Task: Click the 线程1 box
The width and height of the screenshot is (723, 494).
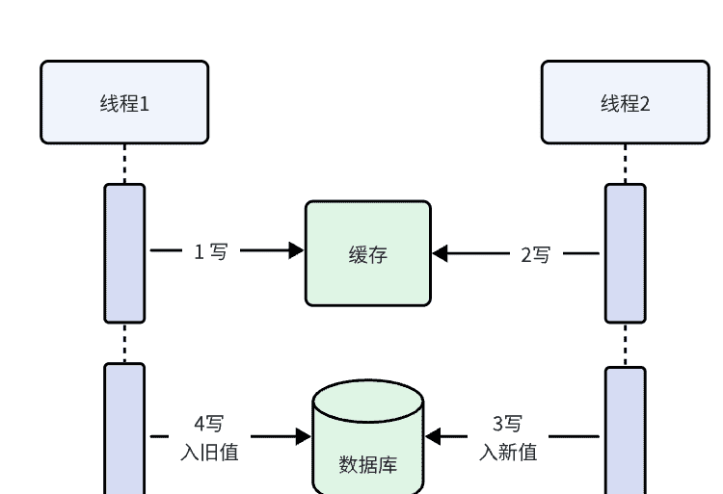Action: (x=124, y=102)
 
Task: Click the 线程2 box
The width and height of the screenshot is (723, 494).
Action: (x=625, y=102)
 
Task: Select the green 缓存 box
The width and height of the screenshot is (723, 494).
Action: (x=368, y=253)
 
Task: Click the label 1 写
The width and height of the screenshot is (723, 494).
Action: (x=211, y=252)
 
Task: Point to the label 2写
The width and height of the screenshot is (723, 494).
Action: (x=536, y=254)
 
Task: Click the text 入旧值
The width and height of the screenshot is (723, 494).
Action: (x=209, y=451)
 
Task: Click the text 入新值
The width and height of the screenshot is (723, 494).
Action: (x=508, y=451)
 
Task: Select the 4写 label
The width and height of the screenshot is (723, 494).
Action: (x=209, y=424)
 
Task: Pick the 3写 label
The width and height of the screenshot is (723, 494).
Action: (x=508, y=424)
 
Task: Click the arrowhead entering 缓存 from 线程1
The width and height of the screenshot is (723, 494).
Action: (x=296, y=251)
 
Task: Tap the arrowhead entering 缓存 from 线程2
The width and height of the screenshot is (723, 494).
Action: (x=441, y=254)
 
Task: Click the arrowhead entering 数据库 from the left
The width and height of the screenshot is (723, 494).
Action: (x=303, y=437)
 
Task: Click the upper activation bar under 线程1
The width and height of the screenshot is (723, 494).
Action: (x=124, y=253)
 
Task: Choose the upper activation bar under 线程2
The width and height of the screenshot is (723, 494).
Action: (x=625, y=253)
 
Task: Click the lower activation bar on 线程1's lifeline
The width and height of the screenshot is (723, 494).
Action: (x=124, y=429)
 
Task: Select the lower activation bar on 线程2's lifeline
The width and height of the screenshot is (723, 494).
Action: (x=625, y=430)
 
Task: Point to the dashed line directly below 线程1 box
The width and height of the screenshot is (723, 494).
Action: (x=124, y=164)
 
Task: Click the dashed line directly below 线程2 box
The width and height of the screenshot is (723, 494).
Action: (x=625, y=164)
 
